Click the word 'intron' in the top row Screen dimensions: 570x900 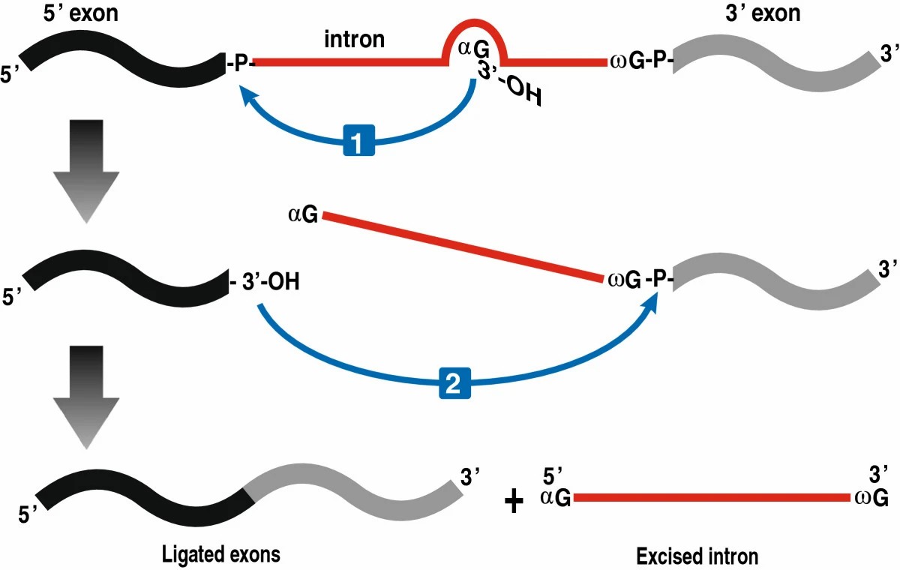click(355, 40)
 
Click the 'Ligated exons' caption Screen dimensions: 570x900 click(221, 555)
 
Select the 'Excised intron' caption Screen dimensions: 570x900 click(697, 556)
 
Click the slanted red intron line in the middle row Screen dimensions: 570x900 click(461, 247)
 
